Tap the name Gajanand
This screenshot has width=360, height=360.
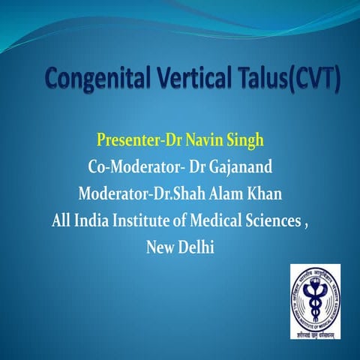pos(238,166)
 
